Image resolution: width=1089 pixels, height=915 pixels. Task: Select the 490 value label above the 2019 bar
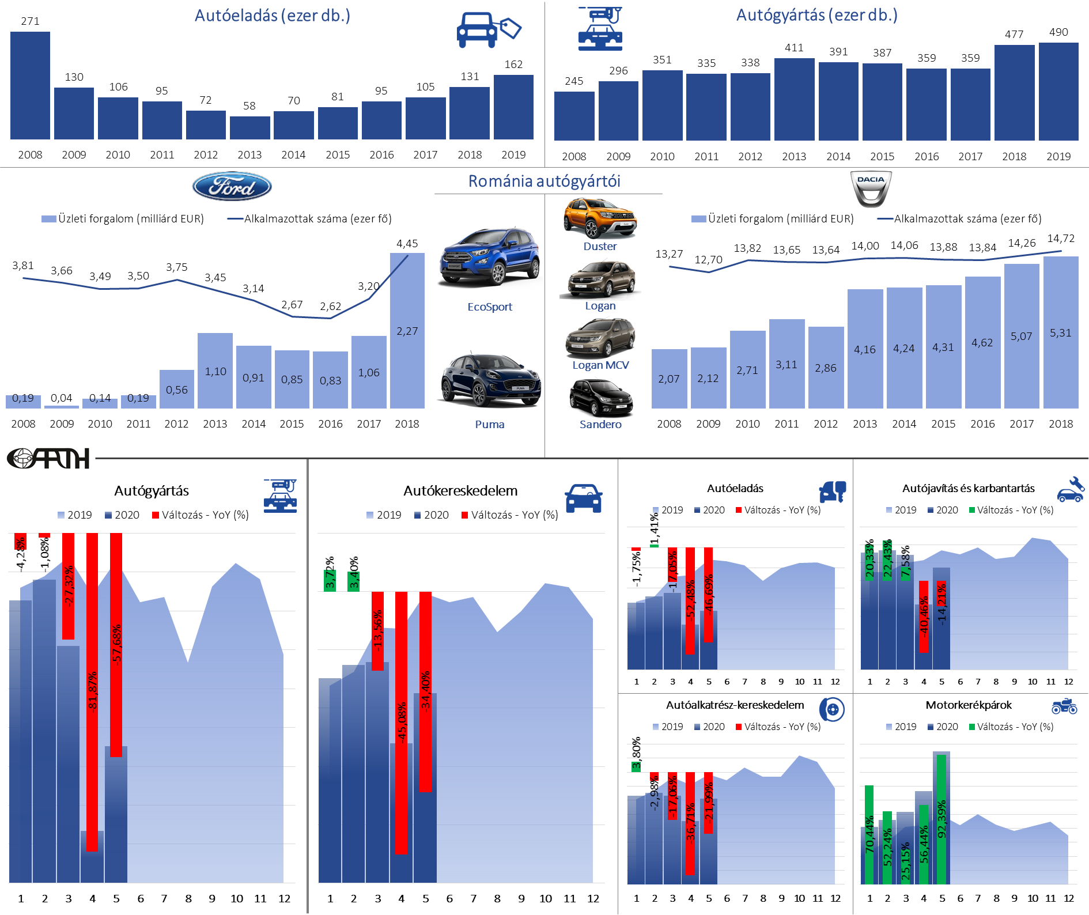point(1058,32)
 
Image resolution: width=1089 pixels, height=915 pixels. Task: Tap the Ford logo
point(232,186)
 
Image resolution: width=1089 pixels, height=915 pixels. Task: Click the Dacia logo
point(871,188)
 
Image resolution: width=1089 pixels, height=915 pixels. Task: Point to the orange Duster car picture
point(600,218)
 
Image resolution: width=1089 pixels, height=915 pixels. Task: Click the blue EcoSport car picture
point(489,257)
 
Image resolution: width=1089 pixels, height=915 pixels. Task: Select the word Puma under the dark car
point(490,425)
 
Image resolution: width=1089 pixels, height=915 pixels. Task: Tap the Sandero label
point(600,425)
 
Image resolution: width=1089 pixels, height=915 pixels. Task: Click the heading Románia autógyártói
point(544,182)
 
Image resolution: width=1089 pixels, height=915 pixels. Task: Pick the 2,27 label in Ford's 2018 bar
point(407,331)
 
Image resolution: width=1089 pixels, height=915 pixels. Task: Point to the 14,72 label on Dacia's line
point(1061,239)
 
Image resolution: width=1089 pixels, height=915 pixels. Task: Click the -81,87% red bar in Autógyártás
point(92,691)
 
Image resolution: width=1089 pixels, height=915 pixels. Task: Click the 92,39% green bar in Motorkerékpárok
point(941,818)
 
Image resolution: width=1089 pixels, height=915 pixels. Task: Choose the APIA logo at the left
point(48,459)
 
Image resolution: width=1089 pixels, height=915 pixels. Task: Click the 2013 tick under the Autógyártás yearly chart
point(794,157)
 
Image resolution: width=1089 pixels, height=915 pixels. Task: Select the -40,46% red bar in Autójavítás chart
point(924,617)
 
